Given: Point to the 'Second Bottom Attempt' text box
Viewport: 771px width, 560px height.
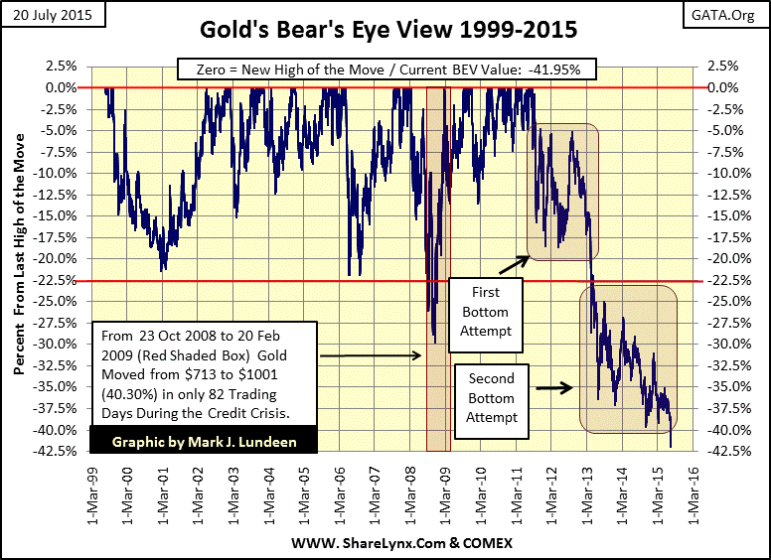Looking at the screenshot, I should (x=492, y=397).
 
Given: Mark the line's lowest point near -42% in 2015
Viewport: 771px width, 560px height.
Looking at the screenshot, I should (x=671, y=447).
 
